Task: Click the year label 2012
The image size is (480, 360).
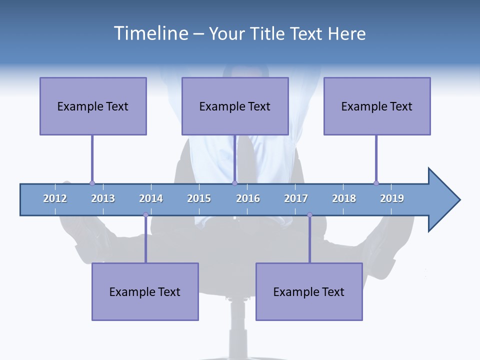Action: coord(55,198)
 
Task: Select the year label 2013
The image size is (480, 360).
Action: coord(103,198)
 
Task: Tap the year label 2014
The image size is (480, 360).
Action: coord(151,198)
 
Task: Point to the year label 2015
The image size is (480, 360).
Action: coord(199,198)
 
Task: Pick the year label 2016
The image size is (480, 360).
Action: coord(248,198)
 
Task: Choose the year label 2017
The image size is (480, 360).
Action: coord(296,198)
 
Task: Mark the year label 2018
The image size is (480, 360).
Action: coord(344,198)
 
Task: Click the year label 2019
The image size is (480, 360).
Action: coord(392,198)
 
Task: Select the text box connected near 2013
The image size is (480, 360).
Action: coord(93,106)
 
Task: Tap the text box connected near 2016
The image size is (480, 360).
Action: coord(235,106)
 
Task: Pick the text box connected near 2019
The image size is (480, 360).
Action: coord(377,106)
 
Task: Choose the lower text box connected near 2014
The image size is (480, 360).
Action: coord(145,291)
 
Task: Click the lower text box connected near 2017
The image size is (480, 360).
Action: coord(309,291)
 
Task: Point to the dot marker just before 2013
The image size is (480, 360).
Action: coord(92,183)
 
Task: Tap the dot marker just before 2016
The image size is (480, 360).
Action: coord(234,183)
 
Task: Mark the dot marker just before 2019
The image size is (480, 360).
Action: coord(376,183)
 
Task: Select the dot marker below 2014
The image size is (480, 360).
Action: coord(145,215)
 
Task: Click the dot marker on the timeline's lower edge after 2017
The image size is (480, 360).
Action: coord(309,215)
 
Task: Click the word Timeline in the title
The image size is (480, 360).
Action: coord(150,33)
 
